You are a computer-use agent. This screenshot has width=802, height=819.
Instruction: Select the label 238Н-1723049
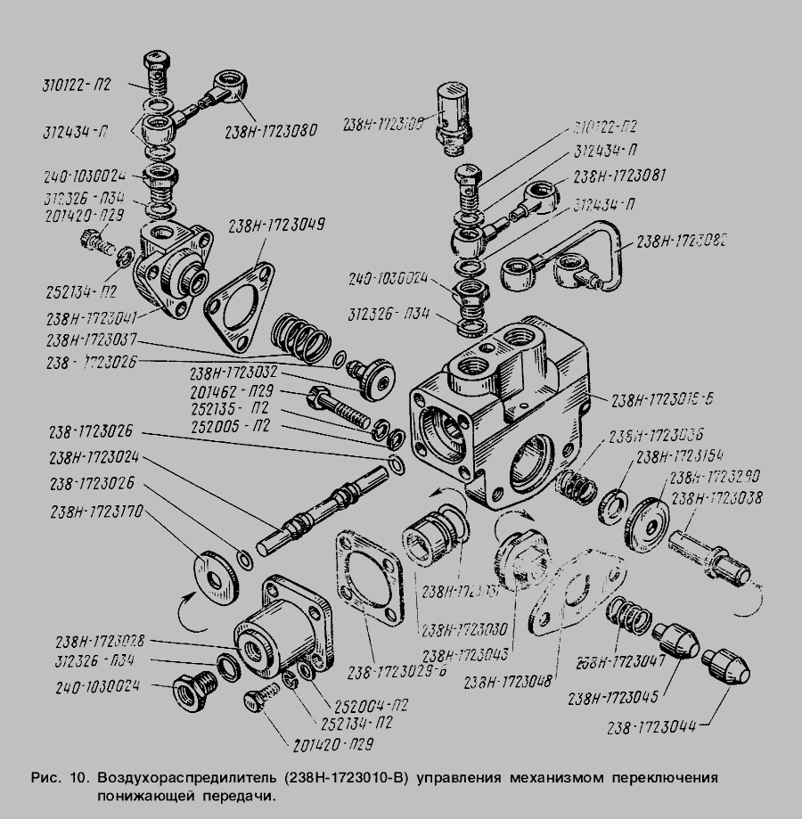(x=276, y=225)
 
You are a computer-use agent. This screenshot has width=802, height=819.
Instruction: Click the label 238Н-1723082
(x=682, y=241)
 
